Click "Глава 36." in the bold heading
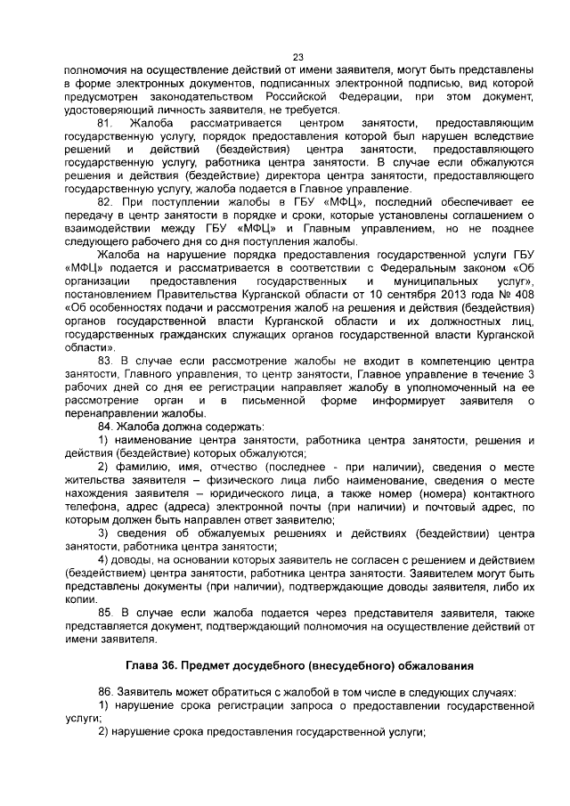tap(156, 665)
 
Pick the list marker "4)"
tap(103, 559)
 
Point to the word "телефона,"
tap(88, 507)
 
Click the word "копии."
tap(79, 599)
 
